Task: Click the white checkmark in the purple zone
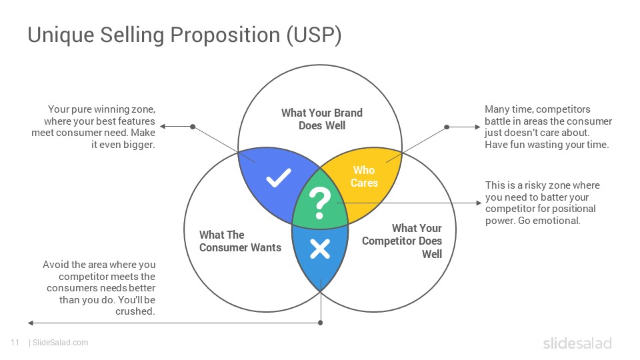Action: (x=279, y=178)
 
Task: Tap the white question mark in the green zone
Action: (x=320, y=203)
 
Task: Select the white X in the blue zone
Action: (x=320, y=249)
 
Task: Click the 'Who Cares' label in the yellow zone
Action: (x=364, y=176)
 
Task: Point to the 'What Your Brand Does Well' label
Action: (x=321, y=119)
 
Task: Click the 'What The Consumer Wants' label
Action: (x=240, y=241)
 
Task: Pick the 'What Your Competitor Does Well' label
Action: (x=402, y=241)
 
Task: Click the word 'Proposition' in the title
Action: (x=225, y=35)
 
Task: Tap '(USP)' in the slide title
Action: (x=313, y=35)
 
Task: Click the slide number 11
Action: (x=15, y=343)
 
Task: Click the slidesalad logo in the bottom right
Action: (x=577, y=343)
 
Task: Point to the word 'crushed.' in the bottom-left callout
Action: (x=135, y=311)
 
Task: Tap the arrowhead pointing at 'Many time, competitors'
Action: (x=478, y=127)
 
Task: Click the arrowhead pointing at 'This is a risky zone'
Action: (x=479, y=203)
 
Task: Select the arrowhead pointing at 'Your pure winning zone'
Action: (x=163, y=127)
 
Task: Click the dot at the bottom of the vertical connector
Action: (x=321, y=323)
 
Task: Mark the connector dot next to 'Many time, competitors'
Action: (x=447, y=127)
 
